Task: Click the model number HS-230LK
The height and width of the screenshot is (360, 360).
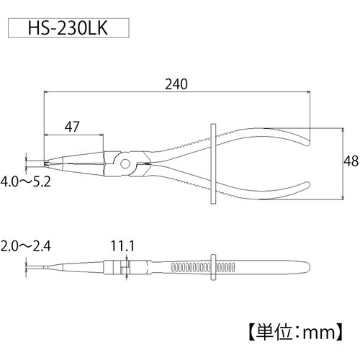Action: (68, 28)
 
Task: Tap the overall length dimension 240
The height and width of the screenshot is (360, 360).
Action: (176, 84)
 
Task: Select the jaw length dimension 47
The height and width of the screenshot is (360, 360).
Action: (72, 127)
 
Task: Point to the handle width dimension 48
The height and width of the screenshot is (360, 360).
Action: (351, 161)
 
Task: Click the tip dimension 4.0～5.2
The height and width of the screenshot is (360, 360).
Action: (26, 181)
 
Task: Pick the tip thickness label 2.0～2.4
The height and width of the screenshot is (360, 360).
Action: (26, 246)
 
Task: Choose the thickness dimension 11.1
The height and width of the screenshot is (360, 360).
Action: (122, 246)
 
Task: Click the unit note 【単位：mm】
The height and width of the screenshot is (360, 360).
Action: (295, 333)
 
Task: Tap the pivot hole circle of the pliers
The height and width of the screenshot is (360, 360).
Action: (125, 164)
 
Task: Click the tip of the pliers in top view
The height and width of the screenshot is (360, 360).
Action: (45, 163)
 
